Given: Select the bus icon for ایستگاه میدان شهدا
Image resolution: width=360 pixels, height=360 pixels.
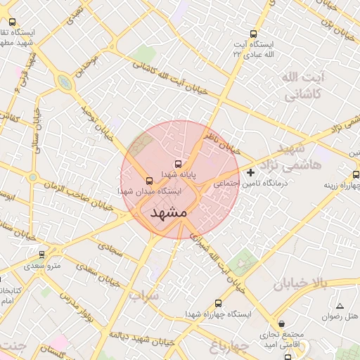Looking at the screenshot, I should tap(149, 180).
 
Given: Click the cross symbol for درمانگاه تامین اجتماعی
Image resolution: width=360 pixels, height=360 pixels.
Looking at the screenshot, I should tap(251, 172).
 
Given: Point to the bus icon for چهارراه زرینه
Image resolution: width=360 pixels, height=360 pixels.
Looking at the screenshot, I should tap(356, 174).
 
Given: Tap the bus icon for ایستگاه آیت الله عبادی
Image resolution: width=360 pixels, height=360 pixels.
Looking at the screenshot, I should tap(253, 34).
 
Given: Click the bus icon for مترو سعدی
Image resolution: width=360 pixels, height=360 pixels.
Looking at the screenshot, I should tap(42, 255).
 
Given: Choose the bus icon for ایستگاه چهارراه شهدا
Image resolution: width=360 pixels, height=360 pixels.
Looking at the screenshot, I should tap(217, 304).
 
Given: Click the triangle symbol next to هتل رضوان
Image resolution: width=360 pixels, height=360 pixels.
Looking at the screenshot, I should tap(340, 306).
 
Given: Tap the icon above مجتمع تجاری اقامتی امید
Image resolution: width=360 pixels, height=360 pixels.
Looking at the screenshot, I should tap(282, 324).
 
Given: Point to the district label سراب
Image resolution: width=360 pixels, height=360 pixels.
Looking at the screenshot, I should tap(144, 297).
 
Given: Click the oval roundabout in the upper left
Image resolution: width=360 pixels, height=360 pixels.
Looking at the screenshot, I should tap(65, 83).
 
